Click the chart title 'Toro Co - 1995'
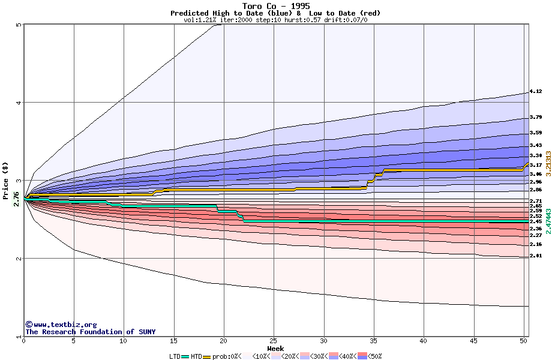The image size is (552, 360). coord(275,6)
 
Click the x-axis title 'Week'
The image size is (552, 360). coord(275,348)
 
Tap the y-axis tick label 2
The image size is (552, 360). coord(19,259)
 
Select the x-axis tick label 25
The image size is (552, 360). coord(274,341)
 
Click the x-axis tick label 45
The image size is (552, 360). coord(473,341)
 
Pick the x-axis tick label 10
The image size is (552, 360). coord(124,341)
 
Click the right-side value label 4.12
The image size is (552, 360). coord(535,92)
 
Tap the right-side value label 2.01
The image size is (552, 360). coord(535,256)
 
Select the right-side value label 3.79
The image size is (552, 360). coord(535,118)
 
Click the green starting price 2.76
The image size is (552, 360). coord(16,198)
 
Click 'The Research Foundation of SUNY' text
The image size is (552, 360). coord(90,332)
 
